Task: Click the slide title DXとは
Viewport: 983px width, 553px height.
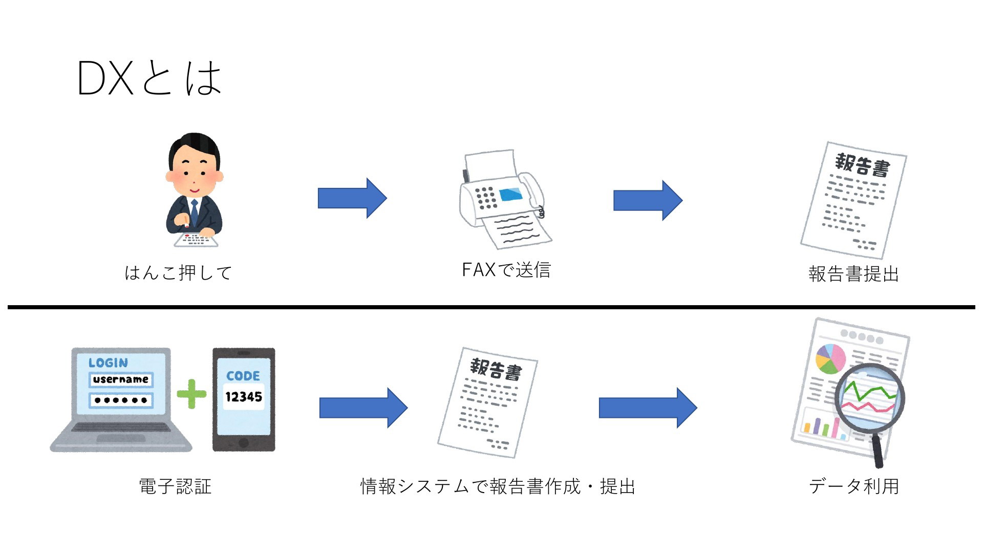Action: (x=149, y=78)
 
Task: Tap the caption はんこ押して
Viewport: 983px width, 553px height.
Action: (x=178, y=272)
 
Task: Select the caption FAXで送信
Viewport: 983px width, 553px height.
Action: (x=506, y=270)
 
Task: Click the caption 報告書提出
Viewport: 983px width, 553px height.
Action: (x=853, y=274)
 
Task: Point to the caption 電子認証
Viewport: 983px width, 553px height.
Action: (x=175, y=486)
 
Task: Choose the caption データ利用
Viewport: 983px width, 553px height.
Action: (x=854, y=486)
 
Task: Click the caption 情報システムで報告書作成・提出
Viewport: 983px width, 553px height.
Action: (x=498, y=486)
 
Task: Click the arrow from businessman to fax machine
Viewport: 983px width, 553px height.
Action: (x=352, y=198)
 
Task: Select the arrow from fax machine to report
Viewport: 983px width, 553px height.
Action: (x=648, y=200)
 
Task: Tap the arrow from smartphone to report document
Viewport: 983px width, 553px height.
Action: (x=364, y=408)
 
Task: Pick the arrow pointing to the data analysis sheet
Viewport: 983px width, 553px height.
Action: (x=648, y=408)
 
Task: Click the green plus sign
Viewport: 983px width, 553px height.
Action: (x=191, y=394)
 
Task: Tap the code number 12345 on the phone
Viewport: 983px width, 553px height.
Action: (x=244, y=397)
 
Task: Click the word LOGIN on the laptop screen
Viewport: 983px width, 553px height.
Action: (x=108, y=363)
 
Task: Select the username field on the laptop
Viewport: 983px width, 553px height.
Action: (x=121, y=379)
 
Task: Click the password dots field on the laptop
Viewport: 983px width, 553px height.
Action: (x=121, y=400)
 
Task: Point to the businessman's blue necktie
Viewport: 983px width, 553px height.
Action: (x=195, y=210)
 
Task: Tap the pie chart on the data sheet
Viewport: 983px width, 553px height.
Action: (x=830, y=358)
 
